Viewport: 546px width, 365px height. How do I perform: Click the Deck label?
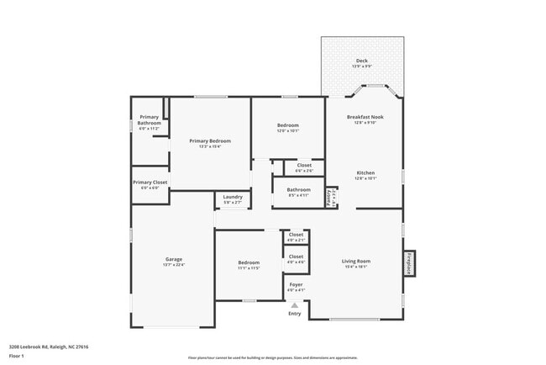362,61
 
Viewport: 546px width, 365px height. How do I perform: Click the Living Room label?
356,261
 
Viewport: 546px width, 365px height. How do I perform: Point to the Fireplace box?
410,262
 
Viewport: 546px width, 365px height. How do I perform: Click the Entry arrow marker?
294,305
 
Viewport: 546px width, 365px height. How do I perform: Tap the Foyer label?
296,285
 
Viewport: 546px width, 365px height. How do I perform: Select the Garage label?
173,259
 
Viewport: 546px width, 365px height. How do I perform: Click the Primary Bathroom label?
150,119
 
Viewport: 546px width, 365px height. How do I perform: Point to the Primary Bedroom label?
209,141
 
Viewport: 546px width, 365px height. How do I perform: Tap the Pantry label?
329,196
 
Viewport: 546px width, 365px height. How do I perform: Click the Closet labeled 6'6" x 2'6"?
304,166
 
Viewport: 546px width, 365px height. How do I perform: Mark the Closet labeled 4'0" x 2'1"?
296,235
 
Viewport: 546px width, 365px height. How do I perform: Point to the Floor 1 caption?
18,356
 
